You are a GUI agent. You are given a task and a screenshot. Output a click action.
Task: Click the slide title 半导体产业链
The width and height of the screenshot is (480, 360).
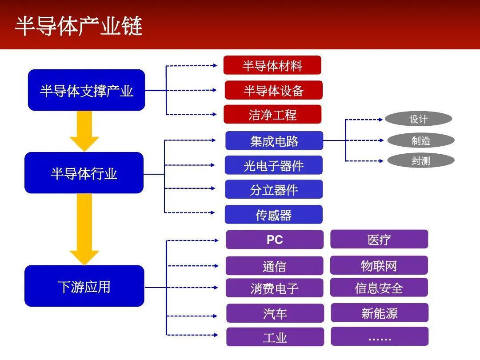(x=79, y=26)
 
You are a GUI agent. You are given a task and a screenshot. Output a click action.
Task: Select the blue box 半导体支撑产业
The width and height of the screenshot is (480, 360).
(x=86, y=90)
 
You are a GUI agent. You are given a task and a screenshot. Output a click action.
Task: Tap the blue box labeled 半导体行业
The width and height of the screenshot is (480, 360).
(x=84, y=173)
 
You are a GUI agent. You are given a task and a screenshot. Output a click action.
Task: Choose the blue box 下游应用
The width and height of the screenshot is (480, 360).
(x=84, y=286)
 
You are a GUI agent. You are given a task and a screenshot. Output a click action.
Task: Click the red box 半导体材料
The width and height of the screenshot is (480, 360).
(x=272, y=65)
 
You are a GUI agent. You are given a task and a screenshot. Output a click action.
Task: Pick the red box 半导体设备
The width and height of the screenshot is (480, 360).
(x=273, y=90)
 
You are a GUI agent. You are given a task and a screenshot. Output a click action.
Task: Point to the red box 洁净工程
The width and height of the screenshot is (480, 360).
(x=272, y=115)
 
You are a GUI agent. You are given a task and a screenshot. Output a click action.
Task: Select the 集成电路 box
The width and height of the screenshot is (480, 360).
(x=274, y=141)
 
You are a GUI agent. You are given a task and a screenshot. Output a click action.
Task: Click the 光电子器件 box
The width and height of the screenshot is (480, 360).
(x=273, y=165)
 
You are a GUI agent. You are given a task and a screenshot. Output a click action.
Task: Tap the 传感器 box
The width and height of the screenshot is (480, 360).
(x=273, y=215)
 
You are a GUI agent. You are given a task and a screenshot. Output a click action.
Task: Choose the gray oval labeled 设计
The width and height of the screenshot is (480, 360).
(x=418, y=119)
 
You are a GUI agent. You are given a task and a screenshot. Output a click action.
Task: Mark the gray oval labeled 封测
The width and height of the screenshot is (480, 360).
(x=420, y=161)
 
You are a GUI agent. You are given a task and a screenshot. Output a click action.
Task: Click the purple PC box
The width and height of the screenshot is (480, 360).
(x=274, y=240)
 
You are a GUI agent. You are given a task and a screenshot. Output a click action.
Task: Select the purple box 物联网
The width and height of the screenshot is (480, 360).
(x=379, y=265)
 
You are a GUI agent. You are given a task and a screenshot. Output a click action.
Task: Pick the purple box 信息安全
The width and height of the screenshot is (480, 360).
(x=379, y=288)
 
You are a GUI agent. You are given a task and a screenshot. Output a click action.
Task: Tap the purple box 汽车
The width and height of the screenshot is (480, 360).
(x=275, y=313)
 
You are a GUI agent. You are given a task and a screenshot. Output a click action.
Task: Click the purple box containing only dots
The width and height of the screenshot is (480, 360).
(x=380, y=336)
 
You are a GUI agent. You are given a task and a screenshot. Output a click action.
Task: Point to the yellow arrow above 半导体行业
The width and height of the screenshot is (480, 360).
(x=84, y=131)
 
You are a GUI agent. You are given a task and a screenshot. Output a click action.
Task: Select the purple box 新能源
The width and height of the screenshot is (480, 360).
(x=379, y=313)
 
